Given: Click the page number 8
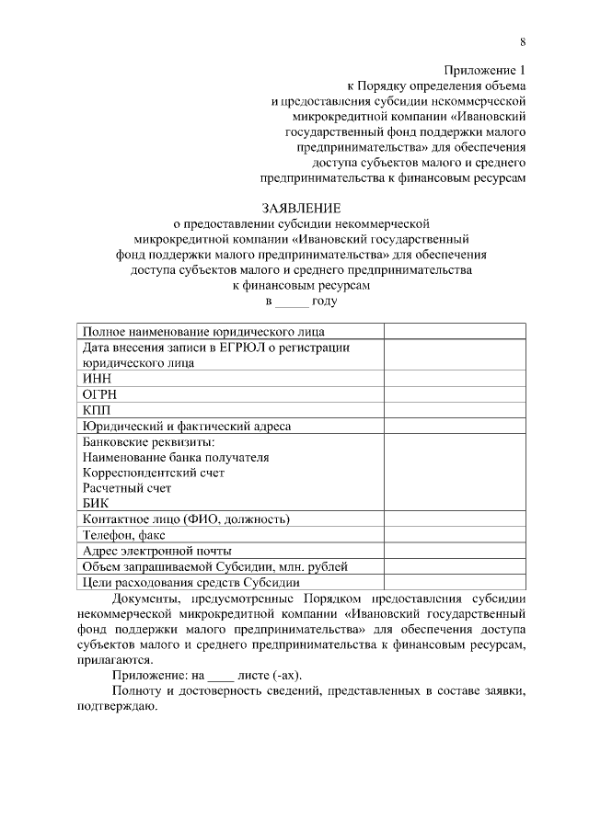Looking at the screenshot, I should tap(523, 41).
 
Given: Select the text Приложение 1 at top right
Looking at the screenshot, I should tap(485, 70).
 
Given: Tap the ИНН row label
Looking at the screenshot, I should tap(96, 378).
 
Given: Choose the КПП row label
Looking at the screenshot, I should tap(97, 410).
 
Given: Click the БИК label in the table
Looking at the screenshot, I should tap(96, 503).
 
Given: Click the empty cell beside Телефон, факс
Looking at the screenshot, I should tap(455, 535).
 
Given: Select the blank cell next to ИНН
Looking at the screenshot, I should tap(455, 378).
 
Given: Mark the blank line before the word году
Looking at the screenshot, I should tap(294, 302).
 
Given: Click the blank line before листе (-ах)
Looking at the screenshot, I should tap(223, 675).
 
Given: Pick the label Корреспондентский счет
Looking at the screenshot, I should tap(154, 472).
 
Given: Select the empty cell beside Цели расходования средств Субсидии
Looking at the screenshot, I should tap(455, 582).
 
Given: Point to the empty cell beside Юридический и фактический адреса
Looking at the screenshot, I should tap(455, 426).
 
